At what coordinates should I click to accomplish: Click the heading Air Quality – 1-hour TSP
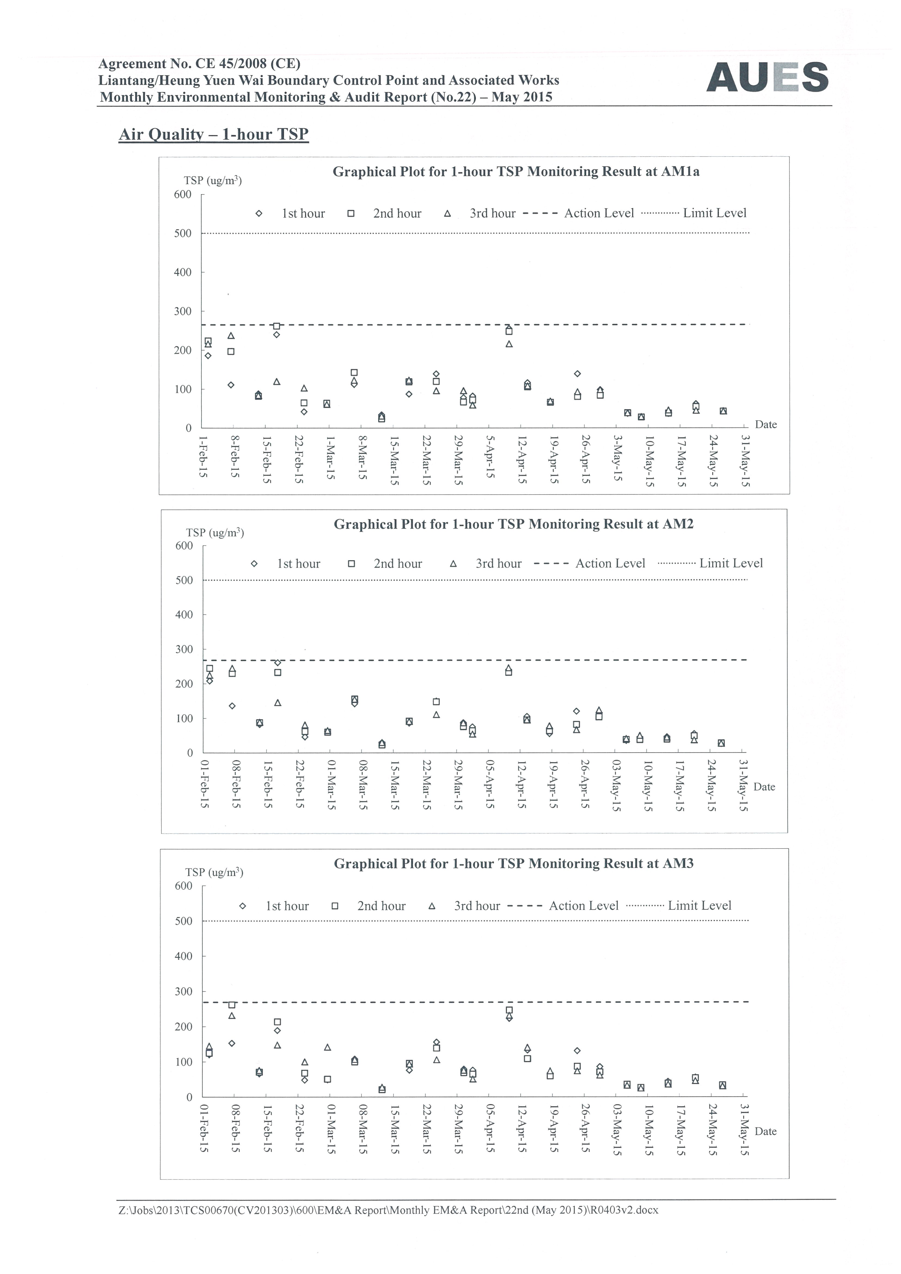pos(214,134)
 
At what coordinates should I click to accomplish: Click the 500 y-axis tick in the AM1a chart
pos(183,233)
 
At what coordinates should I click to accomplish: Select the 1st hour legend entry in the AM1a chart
pos(290,214)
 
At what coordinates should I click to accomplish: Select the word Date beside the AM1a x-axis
pos(766,424)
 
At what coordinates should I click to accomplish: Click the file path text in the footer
pos(388,1210)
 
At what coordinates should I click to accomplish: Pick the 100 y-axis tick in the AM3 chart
pos(184,1061)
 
